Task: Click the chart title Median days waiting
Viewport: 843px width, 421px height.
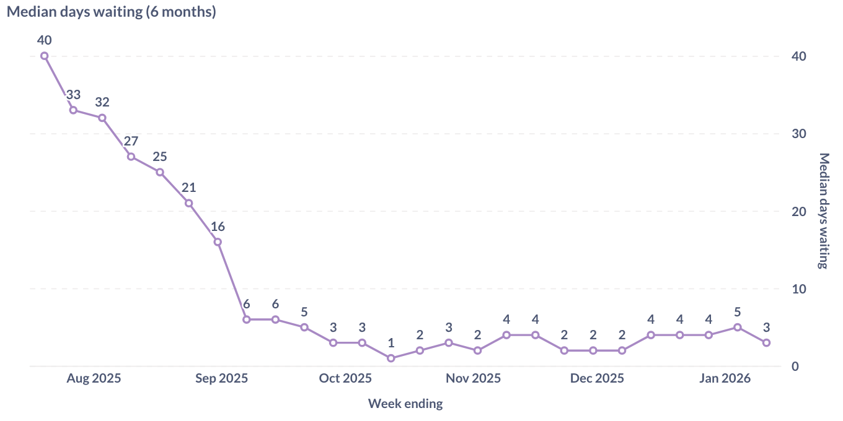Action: (x=112, y=12)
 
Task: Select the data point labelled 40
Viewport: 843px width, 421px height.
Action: (x=45, y=56)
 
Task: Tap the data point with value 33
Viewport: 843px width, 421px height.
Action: (x=73, y=110)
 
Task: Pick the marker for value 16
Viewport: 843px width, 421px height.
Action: (x=218, y=242)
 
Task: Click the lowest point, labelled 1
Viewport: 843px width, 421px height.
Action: (x=391, y=358)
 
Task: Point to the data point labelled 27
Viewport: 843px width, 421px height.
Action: (x=131, y=157)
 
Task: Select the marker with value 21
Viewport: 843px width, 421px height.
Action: (x=188, y=203)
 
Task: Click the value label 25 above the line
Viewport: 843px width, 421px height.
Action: (x=160, y=157)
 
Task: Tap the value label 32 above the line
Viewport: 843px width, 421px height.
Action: (x=102, y=102)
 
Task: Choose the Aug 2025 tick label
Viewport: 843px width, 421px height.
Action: (x=94, y=378)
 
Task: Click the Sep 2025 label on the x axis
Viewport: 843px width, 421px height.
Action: (x=221, y=378)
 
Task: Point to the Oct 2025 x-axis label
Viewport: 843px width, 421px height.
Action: (x=345, y=378)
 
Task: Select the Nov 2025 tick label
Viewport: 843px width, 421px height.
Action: (x=473, y=378)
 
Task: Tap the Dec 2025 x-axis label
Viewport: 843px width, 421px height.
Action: (x=597, y=378)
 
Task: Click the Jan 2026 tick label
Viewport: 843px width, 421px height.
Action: (x=725, y=378)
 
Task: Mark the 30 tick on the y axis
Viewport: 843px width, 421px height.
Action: (x=798, y=134)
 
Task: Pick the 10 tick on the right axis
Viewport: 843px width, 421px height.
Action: (x=798, y=289)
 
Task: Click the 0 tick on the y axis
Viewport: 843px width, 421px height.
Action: (x=795, y=367)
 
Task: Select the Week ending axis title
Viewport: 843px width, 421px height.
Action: (x=405, y=404)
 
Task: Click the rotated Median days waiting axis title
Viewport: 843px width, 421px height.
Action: (x=823, y=210)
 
